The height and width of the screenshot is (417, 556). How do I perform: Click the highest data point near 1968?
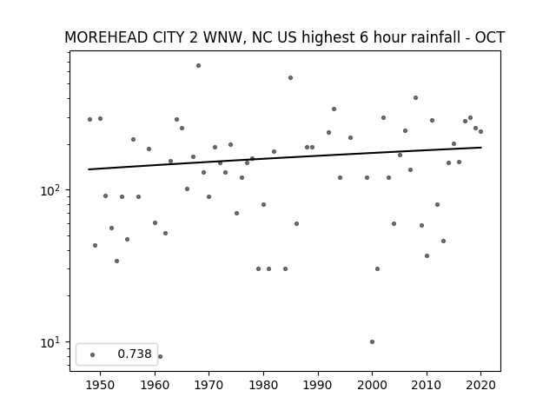(x=199, y=66)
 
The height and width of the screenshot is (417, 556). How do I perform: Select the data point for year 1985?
(x=291, y=77)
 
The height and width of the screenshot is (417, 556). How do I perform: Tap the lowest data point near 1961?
(x=160, y=356)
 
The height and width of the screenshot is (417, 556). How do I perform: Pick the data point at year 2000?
(x=373, y=341)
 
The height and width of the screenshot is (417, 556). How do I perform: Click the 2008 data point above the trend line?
(x=415, y=98)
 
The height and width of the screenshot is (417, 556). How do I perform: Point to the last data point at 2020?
(x=480, y=131)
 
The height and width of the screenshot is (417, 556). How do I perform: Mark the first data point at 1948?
(x=89, y=120)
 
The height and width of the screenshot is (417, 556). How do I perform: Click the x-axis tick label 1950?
(x=101, y=385)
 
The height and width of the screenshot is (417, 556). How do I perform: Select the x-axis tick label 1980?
(x=263, y=385)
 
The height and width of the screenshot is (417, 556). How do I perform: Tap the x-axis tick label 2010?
(x=427, y=385)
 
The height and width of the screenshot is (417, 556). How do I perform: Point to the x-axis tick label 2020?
(x=480, y=385)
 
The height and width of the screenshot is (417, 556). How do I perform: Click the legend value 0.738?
(x=135, y=354)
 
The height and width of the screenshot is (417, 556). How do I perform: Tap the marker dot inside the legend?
(x=93, y=354)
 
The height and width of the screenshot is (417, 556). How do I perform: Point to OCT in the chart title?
(x=490, y=37)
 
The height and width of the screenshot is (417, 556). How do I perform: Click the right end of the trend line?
(x=480, y=147)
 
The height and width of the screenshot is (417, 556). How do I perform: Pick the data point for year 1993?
(x=334, y=109)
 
